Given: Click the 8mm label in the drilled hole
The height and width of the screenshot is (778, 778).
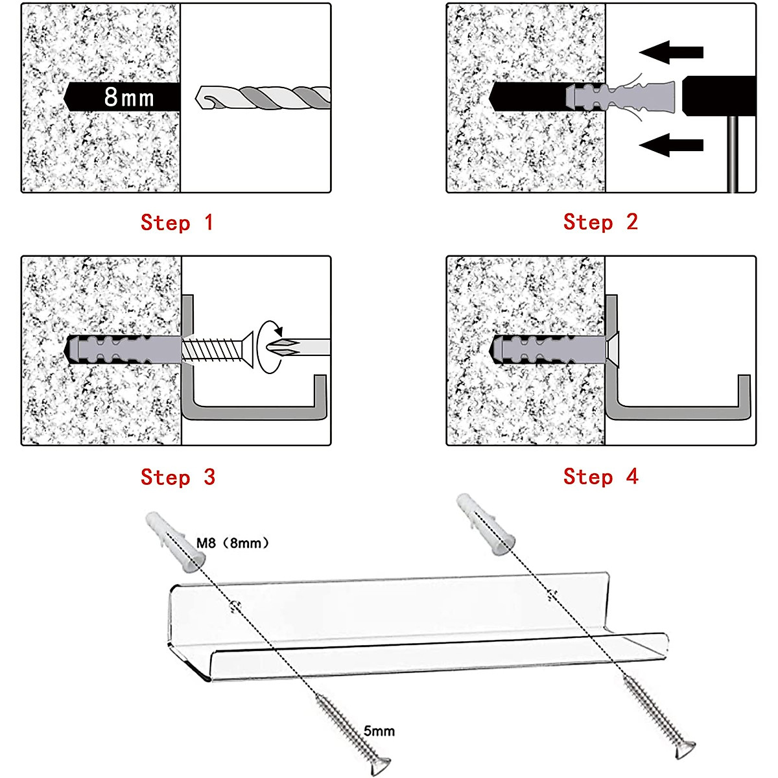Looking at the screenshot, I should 129,97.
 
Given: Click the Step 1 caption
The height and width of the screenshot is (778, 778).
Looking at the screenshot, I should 176,222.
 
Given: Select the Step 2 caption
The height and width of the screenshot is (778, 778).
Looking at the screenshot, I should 600,222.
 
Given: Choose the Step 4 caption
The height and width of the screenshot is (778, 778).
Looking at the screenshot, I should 600,477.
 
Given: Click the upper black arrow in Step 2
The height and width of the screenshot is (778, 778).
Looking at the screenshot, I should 670,52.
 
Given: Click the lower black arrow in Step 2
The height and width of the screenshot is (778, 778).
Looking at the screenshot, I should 670,145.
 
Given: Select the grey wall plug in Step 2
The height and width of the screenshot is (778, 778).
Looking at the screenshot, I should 619,97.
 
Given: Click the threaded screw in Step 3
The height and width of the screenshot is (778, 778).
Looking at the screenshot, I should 214,351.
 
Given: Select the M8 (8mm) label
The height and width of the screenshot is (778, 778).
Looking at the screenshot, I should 232,543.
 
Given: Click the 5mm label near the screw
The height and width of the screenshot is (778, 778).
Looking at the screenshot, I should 379,731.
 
